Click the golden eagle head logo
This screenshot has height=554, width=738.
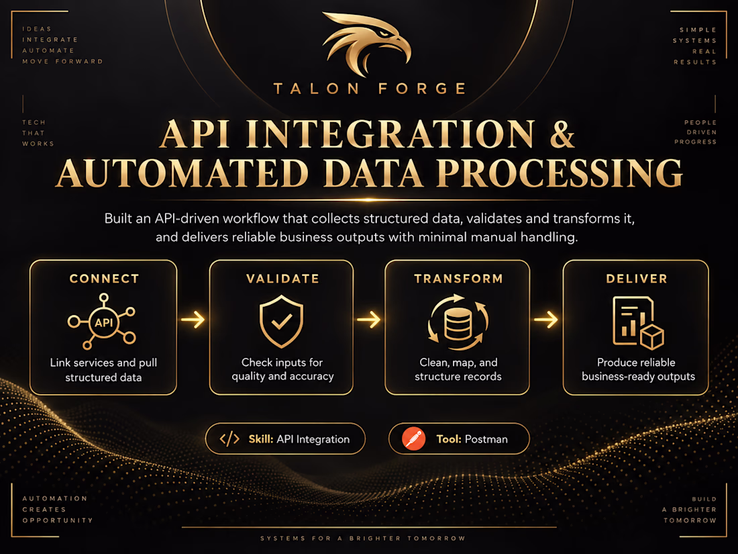coord(366,44)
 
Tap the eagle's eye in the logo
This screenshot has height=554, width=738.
coord(385,34)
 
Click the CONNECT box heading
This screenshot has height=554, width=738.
coord(104,279)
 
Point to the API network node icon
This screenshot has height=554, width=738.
coord(103,322)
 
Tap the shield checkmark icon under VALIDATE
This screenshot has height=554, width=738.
coord(282,321)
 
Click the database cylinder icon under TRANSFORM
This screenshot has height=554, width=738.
coord(458,322)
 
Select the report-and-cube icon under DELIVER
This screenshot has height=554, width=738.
coord(638,323)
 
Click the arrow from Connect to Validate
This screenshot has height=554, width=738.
coord(193,320)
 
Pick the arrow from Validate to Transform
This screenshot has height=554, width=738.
coord(368,320)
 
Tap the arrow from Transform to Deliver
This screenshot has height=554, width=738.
coord(546,320)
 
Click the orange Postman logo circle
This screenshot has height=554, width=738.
coord(414,438)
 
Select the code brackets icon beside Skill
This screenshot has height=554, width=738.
coord(229,439)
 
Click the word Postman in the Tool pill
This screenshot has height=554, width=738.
coord(486,439)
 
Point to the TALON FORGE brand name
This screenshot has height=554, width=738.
coord(370,89)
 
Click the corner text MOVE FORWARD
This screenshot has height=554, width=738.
coord(62,61)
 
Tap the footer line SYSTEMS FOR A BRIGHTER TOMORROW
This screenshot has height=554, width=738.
coord(363,538)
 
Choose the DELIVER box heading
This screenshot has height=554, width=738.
coord(637,279)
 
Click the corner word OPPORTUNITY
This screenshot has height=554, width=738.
coord(58,520)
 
